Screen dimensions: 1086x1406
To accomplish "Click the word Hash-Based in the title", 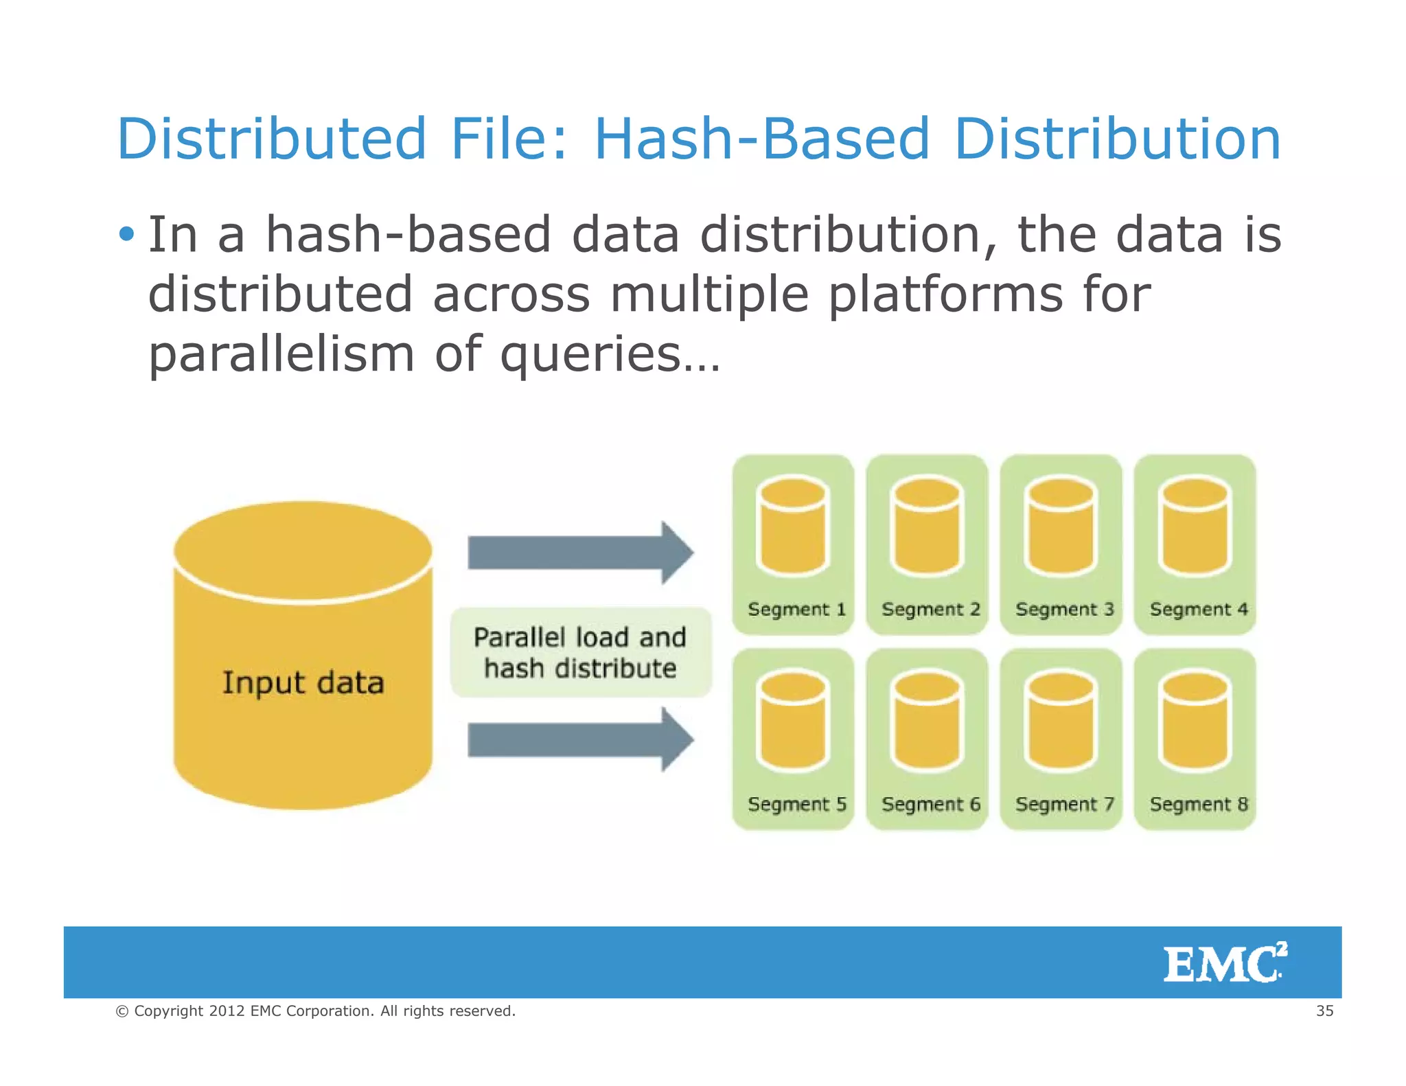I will (762, 139).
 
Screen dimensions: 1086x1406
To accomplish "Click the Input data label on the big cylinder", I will (303, 683).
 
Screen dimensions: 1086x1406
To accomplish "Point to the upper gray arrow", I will (580, 553).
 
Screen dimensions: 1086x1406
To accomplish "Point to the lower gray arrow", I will (580, 740).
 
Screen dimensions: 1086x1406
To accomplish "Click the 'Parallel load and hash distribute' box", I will (580, 653).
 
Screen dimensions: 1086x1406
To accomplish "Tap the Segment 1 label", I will (796, 610).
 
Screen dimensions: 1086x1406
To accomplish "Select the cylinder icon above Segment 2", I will (927, 527).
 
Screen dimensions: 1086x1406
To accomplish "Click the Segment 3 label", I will (1064, 610).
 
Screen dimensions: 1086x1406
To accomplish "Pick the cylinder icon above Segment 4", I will (1195, 527).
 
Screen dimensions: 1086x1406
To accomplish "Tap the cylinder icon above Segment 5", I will (793, 721).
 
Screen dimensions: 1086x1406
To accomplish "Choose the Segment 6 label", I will (930, 805).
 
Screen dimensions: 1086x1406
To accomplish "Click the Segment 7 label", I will (1064, 805).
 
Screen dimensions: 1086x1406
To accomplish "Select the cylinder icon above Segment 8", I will (1195, 721).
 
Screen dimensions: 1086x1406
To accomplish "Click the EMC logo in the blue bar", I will (1225, 963).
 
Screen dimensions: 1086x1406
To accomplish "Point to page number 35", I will (1324, 1011).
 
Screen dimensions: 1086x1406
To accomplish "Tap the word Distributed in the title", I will (272, 139).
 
